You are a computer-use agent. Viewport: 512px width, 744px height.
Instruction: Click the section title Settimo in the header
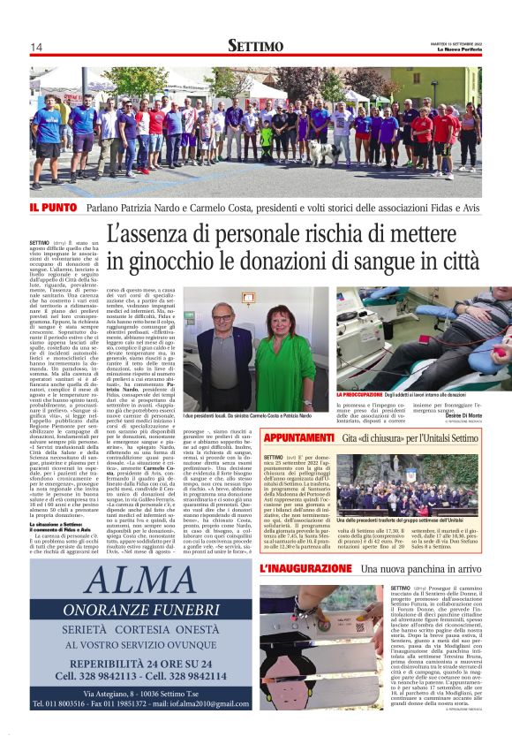tap(255, 46)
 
